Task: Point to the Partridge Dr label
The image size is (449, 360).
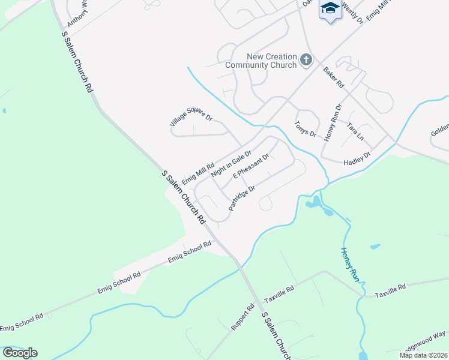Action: (242, 197)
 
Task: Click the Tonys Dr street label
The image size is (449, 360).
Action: (305, 128)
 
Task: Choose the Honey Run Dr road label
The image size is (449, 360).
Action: (333, 122)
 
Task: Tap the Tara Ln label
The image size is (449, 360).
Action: (355, 131)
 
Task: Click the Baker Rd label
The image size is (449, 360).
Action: (333, 76)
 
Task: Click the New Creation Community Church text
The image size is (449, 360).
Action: (261, 61)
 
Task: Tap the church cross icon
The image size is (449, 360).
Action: (306, 59)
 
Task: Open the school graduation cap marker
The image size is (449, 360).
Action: (330, 8)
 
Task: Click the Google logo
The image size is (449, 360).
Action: (20, 352)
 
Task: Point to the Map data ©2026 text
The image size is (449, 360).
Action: (423, 355)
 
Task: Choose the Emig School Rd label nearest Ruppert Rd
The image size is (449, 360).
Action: (190, 251)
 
